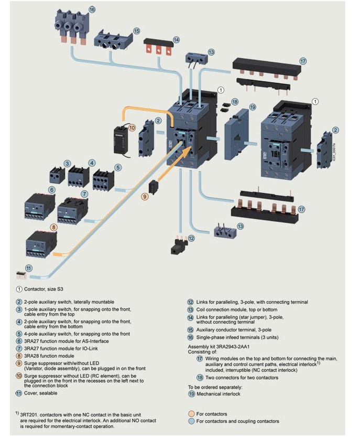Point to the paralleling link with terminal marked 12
(178, 245)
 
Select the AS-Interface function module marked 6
(37, 206)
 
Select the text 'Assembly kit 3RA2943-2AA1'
(218, 347)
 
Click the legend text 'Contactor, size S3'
(49, 289)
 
